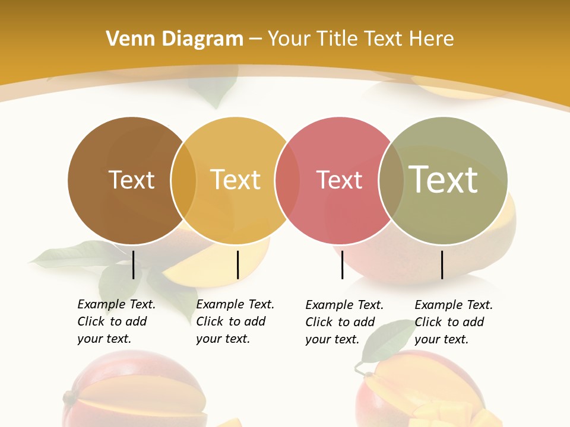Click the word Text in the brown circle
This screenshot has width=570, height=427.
pyautogui.click(x=131, y=180)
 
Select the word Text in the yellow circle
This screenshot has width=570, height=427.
pyautogui.click(x=235, y=180)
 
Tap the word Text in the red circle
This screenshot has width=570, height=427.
pyautogui.click(x=339, y=180)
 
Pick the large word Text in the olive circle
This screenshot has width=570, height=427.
pyautogui.click(x=444, y=179)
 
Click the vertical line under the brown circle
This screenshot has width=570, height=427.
pyautogui.click(x=133, y=265)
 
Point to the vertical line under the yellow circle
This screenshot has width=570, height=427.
pyautogui.click(x=237, y=265)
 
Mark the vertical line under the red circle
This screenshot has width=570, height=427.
pyautogui.click(x=342, y=265)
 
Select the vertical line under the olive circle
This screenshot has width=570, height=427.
pyautogui.click(x=442, y=265)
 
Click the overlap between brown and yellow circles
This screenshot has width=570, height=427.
pyautogui.click(x=183, y=180)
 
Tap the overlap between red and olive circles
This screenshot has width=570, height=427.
pyautogui.click(x=391, y=180)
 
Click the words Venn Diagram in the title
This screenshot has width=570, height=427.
pyautogui.click(x=175, y=39)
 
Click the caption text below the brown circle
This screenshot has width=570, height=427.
pyautogui.click(x=116, y=321)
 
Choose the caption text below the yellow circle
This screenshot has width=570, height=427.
pyautogui.click(x=235, y=321)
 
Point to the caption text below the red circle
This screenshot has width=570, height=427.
pyautogui.click(x=344, y=322)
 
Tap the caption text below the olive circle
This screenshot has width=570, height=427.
pyautogui.click(x=453, y=322)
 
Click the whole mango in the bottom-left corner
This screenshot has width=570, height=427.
pyautogui.click(x=134, y=391)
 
